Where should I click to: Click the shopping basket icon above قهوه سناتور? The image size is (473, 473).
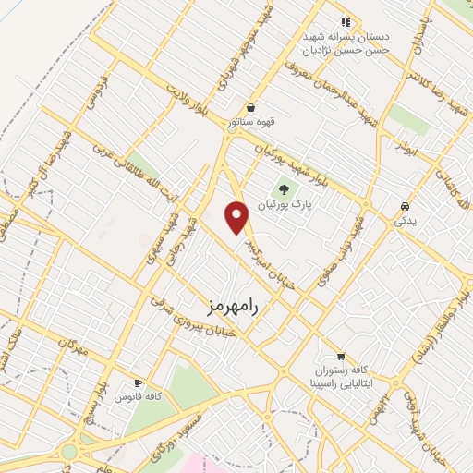[x=250, y=107]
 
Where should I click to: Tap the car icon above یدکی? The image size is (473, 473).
[x=405, y=206]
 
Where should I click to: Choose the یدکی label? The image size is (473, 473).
[x=405, y=221]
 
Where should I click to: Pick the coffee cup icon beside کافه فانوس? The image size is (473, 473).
[x=138, y=382]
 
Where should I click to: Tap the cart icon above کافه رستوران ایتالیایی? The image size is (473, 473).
[x=340, y=356]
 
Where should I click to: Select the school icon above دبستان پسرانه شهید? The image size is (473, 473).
[x=346, y=21]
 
